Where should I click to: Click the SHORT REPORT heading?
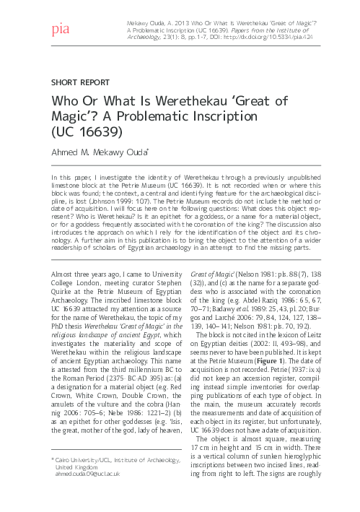(79, 82)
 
